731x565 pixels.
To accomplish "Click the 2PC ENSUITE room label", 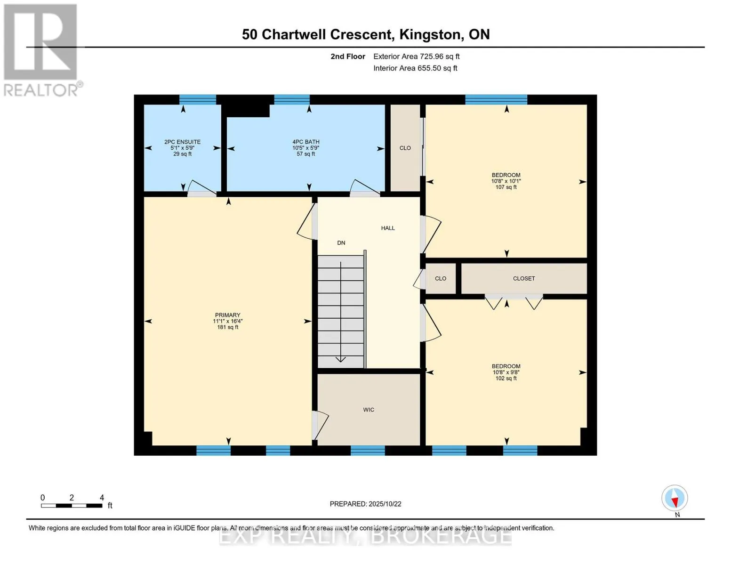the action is coord(182,142).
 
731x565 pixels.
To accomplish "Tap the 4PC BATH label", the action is coord(306,142).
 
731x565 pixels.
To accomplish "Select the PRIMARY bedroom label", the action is coord(227,315).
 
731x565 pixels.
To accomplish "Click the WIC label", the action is coord(369,410).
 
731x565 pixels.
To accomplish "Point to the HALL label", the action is coord(388,228).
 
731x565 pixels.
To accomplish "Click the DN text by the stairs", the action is coord(341,243).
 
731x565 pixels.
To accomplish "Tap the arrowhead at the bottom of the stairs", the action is coord(341,359).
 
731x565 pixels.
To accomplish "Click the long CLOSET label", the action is coord(524,279).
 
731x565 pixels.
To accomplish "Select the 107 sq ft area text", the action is coord(506,187).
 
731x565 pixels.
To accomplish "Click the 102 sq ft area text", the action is coord(506,378).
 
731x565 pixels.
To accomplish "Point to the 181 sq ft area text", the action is coord(228,327).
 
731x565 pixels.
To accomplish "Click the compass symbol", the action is coord(675,498).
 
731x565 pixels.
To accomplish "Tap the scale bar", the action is coord(72,505).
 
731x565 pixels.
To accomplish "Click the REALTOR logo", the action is coord(41,50).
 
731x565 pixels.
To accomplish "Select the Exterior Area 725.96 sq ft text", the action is coord(416,56).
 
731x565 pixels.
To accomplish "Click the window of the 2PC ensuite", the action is coord(198,100).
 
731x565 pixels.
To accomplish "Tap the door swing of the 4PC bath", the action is coord(365,187).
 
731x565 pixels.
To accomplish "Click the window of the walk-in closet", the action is coord(368,451).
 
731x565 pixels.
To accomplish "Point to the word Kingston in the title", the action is coord(430,35).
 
